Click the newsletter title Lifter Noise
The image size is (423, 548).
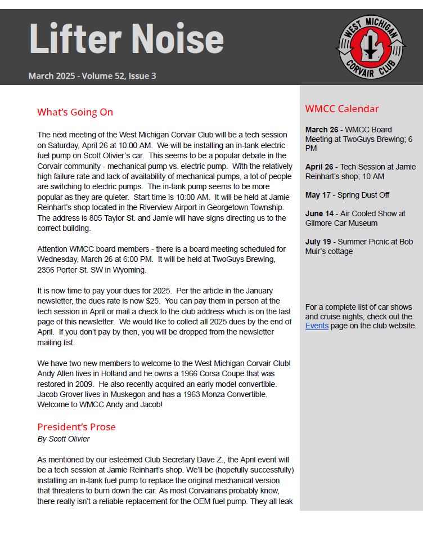click(x=127, y=39)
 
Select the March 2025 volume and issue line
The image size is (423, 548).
click(x=92, y=76)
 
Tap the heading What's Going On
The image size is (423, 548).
click(x=75, y=112)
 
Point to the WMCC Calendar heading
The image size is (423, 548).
click(x=342, y=109)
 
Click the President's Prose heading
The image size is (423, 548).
click(x=76, y=426)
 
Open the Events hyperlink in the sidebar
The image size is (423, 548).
click(x=317, y=326)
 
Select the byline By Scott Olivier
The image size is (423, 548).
click(x=64, y=439)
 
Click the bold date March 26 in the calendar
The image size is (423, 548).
click(x=322, y=130)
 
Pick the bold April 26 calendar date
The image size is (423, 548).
click(x=319, y=167)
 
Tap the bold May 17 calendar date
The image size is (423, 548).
click(x=318, y=195)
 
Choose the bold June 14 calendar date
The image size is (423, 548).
click(x=319, y=213)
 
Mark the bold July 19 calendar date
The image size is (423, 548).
click(x=318, y=242)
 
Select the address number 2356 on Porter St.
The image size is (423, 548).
click(x=47, y=270)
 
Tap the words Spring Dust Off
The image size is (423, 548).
click(x=363, y=195)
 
